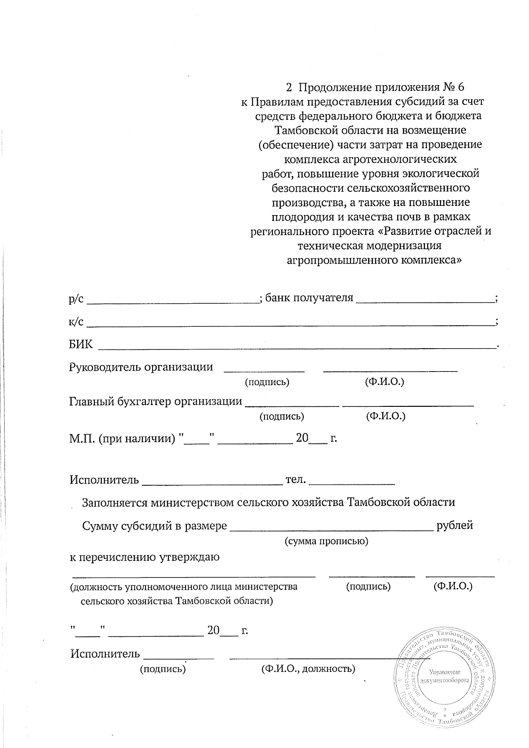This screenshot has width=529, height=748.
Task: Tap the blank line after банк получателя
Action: tap(425, 301)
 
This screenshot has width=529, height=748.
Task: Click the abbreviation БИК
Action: tap(81, 344)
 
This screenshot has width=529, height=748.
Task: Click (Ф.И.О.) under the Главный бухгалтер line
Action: tap(386, 416)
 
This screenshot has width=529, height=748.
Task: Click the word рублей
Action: tap(454, 525)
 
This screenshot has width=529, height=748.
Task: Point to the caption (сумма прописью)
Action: tap(326, 541)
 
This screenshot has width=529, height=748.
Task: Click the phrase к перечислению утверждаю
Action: tap(145, 557)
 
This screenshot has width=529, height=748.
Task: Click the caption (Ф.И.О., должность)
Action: tap(308, 669)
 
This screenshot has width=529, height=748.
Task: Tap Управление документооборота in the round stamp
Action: tap(444, 676)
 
